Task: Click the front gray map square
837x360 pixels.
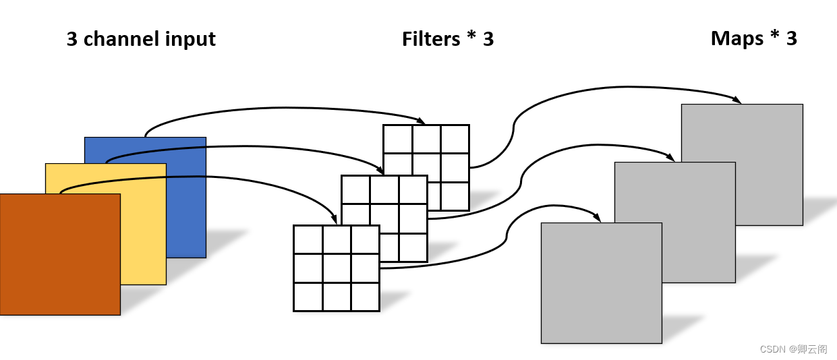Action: (x=601, y=283)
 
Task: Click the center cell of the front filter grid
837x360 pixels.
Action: (x=337, y=268)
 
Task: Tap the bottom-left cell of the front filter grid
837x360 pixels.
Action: (x=308, y=297)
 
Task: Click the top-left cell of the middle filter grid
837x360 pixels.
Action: (x=355, y=189)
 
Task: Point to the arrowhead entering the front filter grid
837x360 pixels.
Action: (x=333, y=219)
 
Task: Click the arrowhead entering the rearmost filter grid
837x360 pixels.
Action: (x=422, y=121)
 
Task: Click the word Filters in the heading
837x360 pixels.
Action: (x=430, y=39)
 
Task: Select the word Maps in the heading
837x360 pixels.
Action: (x=737, y=38)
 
